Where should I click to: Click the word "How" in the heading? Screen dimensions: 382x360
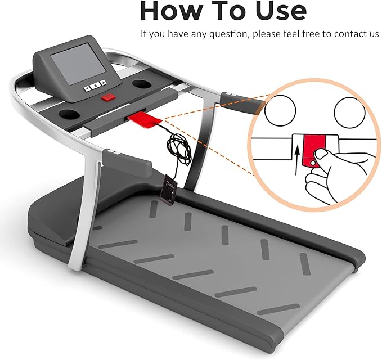171,11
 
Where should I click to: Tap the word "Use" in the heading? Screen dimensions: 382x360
281,11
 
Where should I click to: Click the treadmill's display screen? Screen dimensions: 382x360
78,64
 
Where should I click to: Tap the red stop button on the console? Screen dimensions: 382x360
109,97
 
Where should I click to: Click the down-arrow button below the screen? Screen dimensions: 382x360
87,88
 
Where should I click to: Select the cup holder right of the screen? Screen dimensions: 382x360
141,84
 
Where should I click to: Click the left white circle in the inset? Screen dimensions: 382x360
280,110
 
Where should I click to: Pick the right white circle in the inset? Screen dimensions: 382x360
349,112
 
